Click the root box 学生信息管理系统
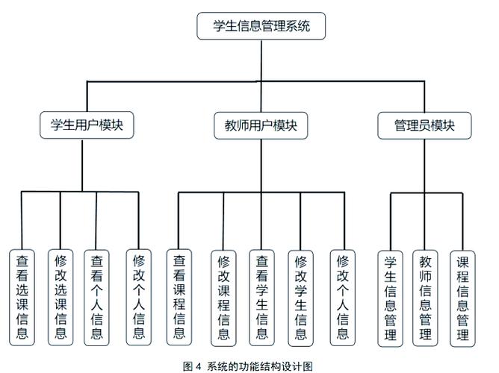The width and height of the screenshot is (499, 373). click(261, 26)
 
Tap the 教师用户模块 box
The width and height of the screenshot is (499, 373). click(261, 125)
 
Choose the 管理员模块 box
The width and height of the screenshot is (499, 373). click(424, 125)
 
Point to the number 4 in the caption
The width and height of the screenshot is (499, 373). click(198, 365)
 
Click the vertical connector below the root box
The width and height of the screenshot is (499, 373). click(261, 60)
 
